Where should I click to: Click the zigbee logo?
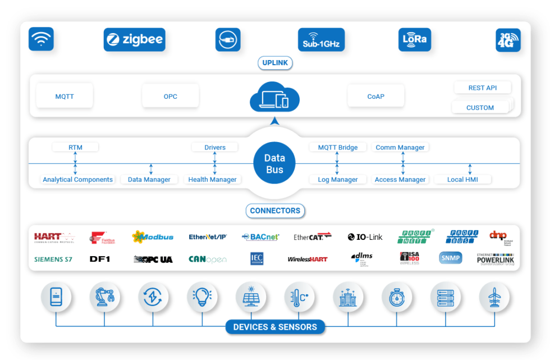coord(135,40)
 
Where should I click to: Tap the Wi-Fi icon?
coord(41,39)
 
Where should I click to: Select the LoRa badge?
coord(415,40)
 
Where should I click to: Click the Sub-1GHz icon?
coord(321,40)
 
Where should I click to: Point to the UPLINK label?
coord(275,63)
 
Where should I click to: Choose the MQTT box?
coord(65,97)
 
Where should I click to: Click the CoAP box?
coord(375,97)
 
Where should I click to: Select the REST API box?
coord(483,88)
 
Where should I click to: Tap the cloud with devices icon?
coord(274,97)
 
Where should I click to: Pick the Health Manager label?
coord(212,180)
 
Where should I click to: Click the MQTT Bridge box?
coord(338,147)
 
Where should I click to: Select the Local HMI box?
coord(463,180)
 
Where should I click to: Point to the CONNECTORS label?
coord(275,211)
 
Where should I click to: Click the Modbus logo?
coord(153,237)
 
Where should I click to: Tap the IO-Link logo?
coord(365,237)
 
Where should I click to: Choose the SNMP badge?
coord(451,258)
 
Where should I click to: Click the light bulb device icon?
coord(201,297)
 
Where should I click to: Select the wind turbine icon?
coord(494,297)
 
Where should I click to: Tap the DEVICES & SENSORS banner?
coord(275,327)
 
